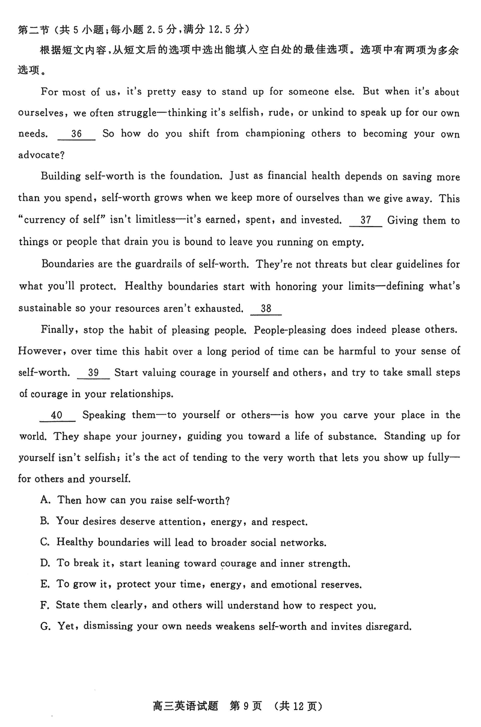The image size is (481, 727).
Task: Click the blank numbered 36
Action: coord(76,134)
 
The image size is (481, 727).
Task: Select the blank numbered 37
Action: coord(365,221)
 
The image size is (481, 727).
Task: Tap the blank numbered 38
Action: coord(266,309)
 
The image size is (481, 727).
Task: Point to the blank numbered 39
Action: coord(93,373)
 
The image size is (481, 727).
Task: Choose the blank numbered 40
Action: coord(57,415)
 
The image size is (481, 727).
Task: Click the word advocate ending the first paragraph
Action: coord(40,156)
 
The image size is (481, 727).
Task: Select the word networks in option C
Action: coord(302,543)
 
